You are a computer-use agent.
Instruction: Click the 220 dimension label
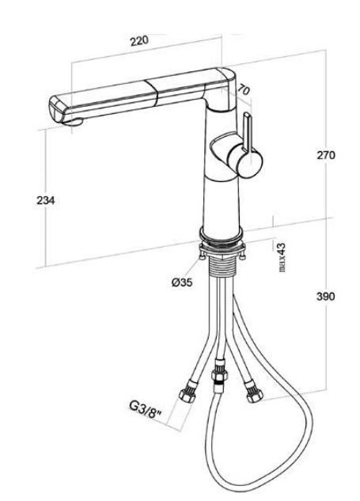click(139, 41)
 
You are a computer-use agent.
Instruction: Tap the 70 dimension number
click(244, 90)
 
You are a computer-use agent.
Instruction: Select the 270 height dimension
click(326, 155)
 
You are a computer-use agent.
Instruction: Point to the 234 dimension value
click(46, 201)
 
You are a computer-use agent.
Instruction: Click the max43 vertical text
click(282, 257)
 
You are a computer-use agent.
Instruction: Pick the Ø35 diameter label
click(182, 283)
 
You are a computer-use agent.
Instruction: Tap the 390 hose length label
click(325, 297)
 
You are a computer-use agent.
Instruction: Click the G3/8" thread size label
click(146, 409)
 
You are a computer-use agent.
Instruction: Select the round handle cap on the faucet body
click(250, 161)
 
